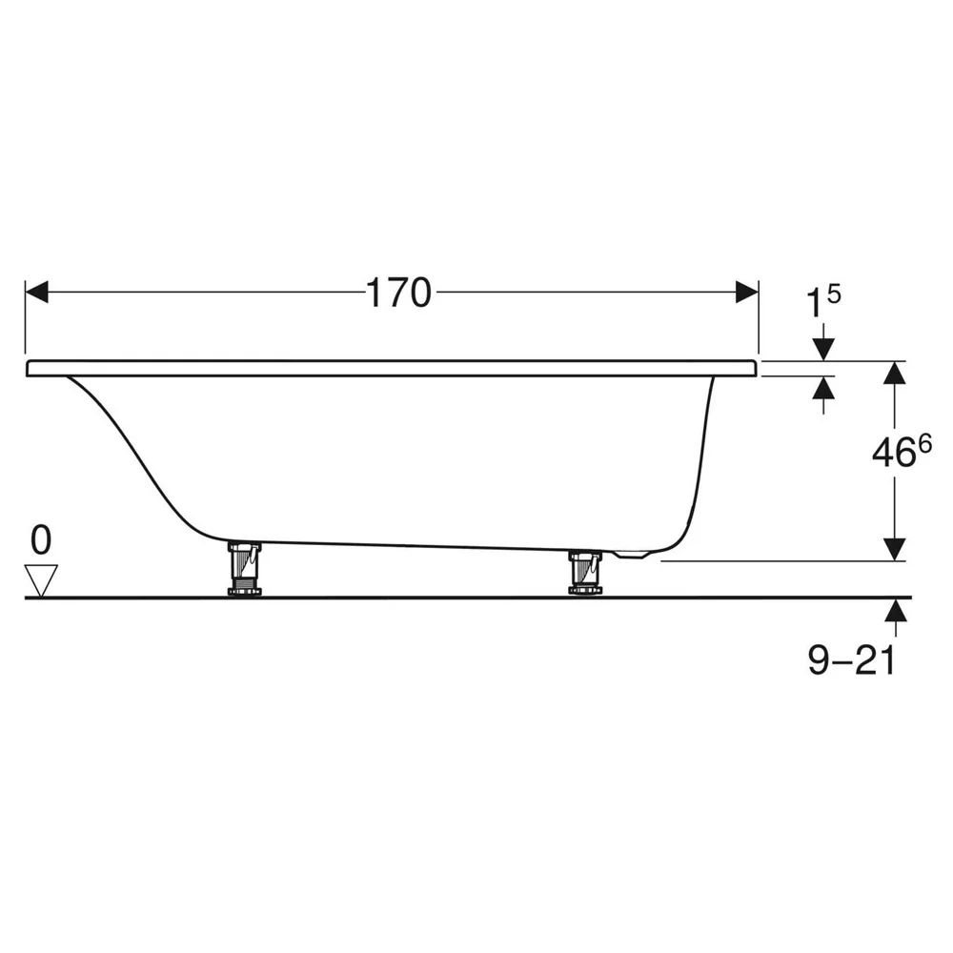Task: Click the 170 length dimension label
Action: (x=398, y=293)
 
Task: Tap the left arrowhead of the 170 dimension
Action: (x=36, y=292)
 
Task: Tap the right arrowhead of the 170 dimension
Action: (x=747, y=292)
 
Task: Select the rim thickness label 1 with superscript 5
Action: (x=823, y=301)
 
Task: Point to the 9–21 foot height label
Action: (x=852, y=660)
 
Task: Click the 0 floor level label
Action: (x=41, y=541)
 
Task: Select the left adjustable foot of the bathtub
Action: (x=244, y=569)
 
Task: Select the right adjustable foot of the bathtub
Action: (x=585, y=571)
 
